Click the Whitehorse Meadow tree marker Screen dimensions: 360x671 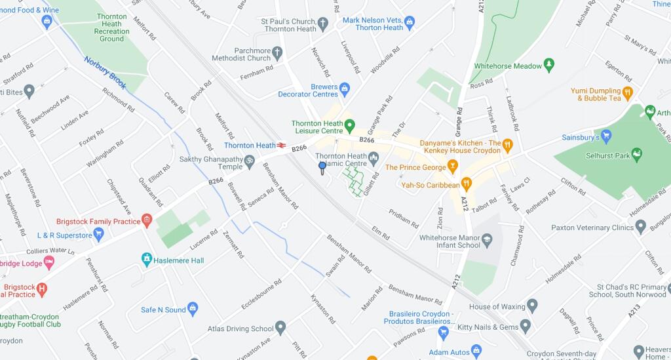(x=549, y=66)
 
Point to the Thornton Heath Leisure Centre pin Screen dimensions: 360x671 (x=349, y=125)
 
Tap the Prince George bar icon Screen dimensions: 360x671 (x=451, y=167)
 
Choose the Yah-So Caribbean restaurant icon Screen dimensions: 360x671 (x=467, y=184)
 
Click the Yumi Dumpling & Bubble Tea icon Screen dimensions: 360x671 (x=627, y=92)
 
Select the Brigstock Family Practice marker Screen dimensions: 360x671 (x=147, y=221)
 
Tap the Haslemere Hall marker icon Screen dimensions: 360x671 (x=147, y=260)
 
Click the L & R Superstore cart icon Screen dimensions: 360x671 (x=99, y=234)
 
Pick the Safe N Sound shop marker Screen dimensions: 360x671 (x=193, y=309)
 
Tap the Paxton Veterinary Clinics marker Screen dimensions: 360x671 (x=641, y=227)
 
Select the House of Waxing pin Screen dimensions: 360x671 (x=532, y=306)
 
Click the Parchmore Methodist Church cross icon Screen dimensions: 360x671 (x=277, y=52)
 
